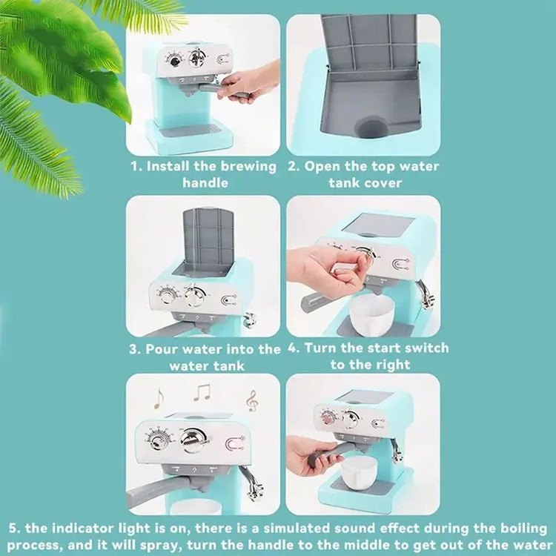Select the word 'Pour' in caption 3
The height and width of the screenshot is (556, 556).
coord(159,349)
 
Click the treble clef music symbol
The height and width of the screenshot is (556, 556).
coord(251,401)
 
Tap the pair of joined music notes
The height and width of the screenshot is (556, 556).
coord(202,392)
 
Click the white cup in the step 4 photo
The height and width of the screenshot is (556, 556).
coord(371,314)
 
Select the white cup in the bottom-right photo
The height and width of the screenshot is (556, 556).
coord(359,471)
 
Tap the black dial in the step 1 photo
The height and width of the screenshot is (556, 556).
coord(175,62)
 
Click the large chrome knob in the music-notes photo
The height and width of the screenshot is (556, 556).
coord(193,440)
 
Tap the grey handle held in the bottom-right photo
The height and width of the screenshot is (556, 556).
coord(327,454)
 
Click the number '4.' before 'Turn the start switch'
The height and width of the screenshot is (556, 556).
coord(294,348)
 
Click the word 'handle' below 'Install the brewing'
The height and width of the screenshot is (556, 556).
coord(205,183)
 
